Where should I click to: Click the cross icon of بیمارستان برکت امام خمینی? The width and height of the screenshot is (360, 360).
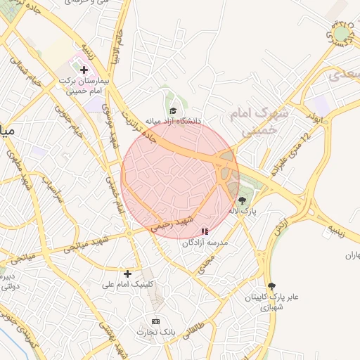click(84, 70)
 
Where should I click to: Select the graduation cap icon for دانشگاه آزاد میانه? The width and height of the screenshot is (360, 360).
click(173, 110)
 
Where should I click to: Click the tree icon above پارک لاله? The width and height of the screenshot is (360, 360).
click(243, 200)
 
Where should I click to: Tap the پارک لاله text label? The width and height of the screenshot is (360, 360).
click(243, 211)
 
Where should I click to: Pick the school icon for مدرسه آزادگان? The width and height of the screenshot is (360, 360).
click(205, 231)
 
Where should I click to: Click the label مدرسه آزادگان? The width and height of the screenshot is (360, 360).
click(205, 243)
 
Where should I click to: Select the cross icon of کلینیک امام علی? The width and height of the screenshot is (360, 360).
click(127, 274)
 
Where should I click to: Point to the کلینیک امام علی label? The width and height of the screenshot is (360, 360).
click(128, 285)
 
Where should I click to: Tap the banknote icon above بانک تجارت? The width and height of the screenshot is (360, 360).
click(155, 321)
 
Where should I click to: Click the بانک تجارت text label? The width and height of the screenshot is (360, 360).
click(155, 332)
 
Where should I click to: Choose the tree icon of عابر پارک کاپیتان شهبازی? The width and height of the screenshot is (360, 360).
click(272, 286)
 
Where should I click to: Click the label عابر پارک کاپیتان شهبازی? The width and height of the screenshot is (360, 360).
click(271, 302)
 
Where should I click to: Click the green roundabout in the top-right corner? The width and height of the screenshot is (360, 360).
click(342, 33)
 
